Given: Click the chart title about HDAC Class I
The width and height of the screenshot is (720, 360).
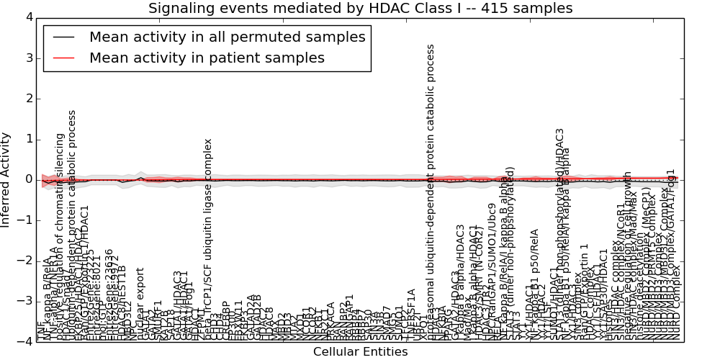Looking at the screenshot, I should [360, 9].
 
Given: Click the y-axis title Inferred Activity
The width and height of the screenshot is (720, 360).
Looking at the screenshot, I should [6, 179].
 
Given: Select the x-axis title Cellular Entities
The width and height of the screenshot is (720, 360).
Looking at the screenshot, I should [360, 351].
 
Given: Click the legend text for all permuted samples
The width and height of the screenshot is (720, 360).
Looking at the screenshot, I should [227, 37].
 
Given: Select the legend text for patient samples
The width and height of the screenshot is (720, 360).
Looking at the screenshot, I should [207, 58].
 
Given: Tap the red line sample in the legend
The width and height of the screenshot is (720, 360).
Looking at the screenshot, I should [63, 58].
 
